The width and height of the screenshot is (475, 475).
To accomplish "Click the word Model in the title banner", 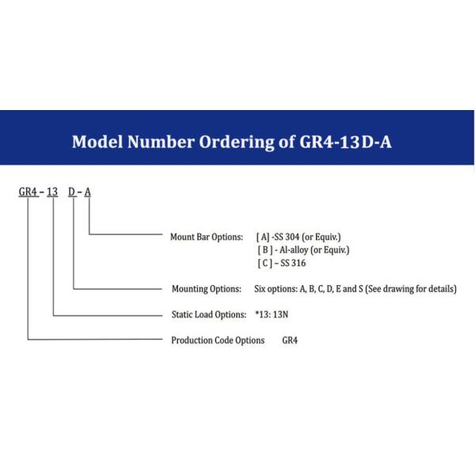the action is [x=97, y=142].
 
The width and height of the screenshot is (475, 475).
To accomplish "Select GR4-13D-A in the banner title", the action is [x=345, y=142].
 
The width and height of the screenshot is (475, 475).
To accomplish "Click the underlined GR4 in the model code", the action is [x=28, y=192].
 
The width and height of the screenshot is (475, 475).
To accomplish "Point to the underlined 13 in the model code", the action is [x=52, y=192].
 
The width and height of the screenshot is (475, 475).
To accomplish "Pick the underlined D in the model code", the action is [x=72, y=192].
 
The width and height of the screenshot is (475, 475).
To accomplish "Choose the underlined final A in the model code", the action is [x=88, y=192].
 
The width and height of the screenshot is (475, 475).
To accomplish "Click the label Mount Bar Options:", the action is [x=207, y=237].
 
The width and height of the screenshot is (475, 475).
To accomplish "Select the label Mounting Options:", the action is [x=207, y=289].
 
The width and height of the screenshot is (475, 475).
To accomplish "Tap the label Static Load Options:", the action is [x=209, y=314].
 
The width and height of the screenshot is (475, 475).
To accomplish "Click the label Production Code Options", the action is [x=218, y=340].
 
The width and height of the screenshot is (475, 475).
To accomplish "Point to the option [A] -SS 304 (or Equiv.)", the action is [x=298, y=237].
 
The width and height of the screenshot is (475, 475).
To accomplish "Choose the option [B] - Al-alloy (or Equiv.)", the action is [x=303, y=250].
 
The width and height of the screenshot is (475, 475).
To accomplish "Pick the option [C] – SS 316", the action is [x=282, y=263].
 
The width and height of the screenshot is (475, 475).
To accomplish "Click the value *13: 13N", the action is [x=272, y=314].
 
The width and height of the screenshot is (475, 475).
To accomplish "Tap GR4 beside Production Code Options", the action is [x=290, y=340].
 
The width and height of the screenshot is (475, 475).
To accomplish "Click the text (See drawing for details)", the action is [x=411, y=289].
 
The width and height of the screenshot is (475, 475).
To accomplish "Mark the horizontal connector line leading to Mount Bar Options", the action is [x=126, y=234].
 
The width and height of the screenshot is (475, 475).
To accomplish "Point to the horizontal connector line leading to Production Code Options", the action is [x=95, y=340].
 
